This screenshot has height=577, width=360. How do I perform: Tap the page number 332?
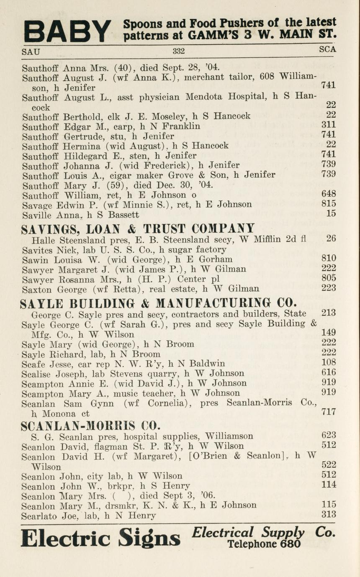click(179, 51)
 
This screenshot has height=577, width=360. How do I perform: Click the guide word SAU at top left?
click(31, 52)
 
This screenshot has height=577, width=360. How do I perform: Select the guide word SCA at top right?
click(327, 49)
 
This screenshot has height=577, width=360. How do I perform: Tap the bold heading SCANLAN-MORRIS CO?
click(90, 426)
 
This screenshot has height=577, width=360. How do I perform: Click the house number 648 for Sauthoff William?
click(329, 194)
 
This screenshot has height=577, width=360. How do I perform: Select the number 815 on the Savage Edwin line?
click(329, 204)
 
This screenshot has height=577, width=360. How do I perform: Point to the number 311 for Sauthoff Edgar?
click(329, 125)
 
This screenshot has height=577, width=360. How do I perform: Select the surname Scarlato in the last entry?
click(38, 515)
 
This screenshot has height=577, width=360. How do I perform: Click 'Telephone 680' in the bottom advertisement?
click(264, 544)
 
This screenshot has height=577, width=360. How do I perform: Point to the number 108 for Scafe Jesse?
click(329, 363)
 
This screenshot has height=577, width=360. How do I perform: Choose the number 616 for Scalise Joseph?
click(329, 372)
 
